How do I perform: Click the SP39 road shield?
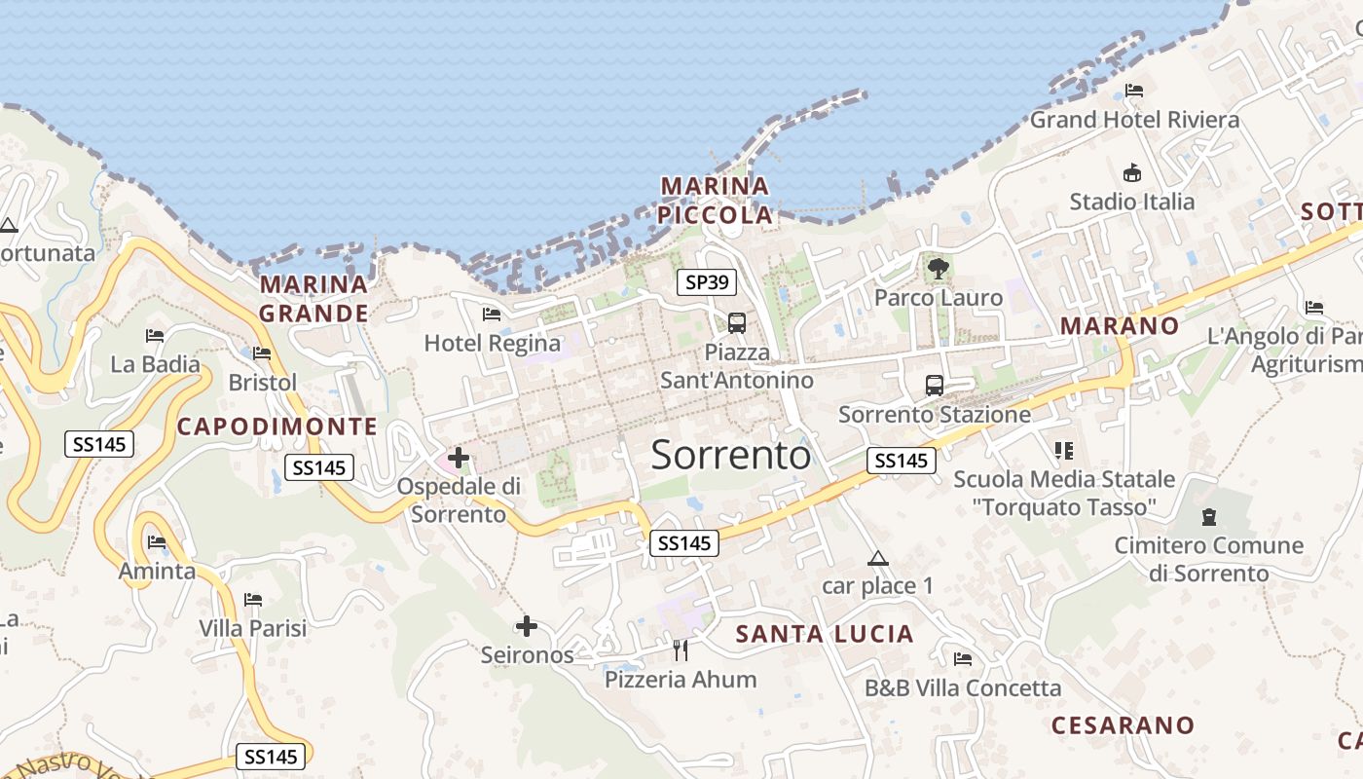coord(707,282)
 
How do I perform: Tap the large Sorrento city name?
coord(730,455)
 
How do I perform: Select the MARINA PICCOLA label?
coord(717,200)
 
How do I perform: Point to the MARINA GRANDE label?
coord(314,299)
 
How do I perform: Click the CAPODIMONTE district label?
coord(276,426)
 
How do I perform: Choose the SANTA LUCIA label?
coord(825,634)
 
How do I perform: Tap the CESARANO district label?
coord(1123,725)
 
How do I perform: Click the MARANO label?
coord(1120,325)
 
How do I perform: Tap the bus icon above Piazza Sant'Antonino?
coord(737,322)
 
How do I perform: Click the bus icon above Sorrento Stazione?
coord(935,385)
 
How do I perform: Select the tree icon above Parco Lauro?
coord(939,268)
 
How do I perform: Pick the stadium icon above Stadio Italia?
coord(1132,173)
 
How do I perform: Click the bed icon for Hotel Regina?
coord(492,314)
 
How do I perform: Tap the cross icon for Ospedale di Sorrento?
coord(459,457)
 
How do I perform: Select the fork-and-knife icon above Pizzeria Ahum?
coord(681,649)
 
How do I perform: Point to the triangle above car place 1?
coord(878,559)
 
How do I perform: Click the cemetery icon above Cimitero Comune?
coord(1209,516)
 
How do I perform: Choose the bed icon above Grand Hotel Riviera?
coord(1134,91)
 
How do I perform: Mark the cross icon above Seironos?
coord(527,625)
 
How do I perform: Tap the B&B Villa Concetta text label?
coord(963,688)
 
